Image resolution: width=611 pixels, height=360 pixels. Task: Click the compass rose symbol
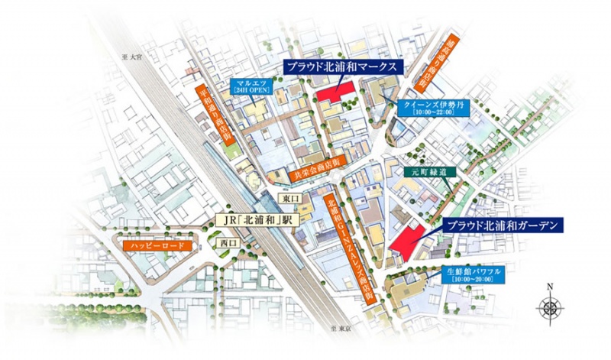[550, 309]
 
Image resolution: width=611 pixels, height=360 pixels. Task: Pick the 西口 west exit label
[228, 243]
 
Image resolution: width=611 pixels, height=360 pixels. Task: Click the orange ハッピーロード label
[157, 247]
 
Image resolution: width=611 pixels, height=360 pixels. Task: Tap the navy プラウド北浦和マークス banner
[342, 66]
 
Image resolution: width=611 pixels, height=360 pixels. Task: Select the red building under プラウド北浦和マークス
[336, 92]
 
